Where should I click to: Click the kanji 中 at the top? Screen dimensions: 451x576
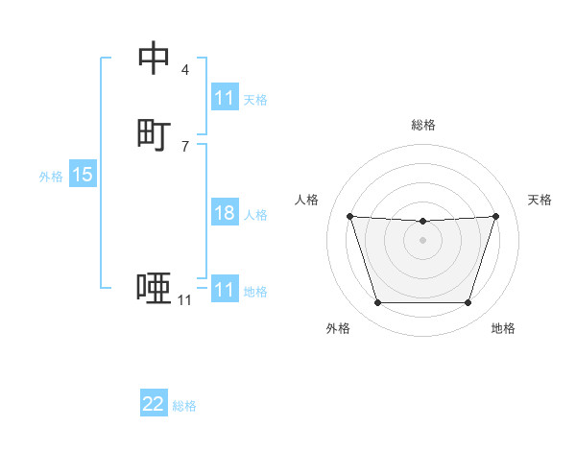(155, 59)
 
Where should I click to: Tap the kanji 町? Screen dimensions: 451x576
(155, 135)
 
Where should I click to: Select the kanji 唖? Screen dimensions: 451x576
(155, 289)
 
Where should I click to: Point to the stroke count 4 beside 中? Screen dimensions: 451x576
(185, 70)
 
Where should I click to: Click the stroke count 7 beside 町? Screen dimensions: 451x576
(185, 147)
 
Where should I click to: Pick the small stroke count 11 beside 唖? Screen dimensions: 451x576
(184, 300)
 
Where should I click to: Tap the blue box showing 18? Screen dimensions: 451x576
(225, 213)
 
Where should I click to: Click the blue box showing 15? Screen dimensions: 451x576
(83, 175)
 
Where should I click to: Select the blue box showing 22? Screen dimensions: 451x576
(154, 404)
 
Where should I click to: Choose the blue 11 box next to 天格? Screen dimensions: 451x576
(225, 98)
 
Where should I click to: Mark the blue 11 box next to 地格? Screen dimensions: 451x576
(225, 290)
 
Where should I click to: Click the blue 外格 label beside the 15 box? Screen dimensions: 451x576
(51, 177)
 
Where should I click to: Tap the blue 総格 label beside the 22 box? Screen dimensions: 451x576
(184, 406)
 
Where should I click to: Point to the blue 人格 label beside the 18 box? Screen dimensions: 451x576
(255, 215)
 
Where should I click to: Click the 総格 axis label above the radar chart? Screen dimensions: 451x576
(423, 125)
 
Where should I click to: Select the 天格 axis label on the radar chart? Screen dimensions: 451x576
(540, 200)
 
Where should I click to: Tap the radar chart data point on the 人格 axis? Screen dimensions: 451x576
(349, 216)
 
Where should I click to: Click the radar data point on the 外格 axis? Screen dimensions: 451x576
(377, 303)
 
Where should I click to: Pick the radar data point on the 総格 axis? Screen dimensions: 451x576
(422, 222)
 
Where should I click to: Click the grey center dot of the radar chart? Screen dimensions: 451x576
(422, 239)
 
